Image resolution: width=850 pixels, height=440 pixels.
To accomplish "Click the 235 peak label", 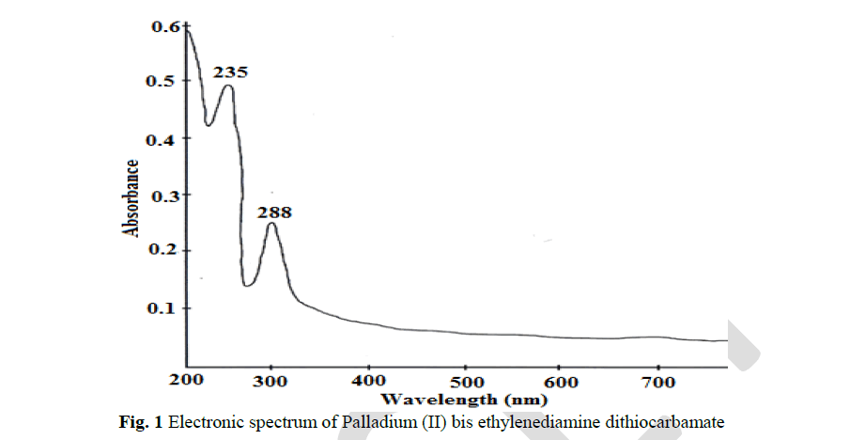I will coord(230,71).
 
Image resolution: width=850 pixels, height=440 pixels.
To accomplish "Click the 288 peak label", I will coord(274,212).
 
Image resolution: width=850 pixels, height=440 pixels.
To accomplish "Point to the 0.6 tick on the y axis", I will coord(164,26).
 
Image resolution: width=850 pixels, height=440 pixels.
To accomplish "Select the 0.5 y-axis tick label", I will coord(164,82).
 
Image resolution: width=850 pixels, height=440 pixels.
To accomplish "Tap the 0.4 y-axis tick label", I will coord(164,139).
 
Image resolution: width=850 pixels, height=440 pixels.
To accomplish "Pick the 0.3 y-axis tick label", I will coord(164,196).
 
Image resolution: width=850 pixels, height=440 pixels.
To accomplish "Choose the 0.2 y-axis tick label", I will coord(164,251).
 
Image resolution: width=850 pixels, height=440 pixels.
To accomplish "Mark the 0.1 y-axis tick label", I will coord(164,308).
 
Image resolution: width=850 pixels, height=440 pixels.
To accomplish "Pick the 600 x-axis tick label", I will coord(563,382).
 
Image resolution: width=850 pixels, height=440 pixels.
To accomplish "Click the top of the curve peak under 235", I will coord(228,86).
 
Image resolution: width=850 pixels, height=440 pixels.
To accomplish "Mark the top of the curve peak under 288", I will coord(271,224).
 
